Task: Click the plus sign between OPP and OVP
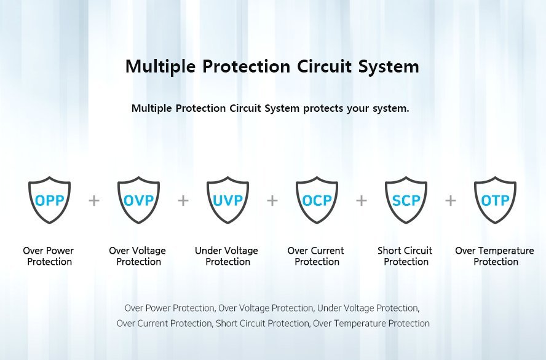tap(94, 200)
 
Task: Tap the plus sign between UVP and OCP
tap(272, 200)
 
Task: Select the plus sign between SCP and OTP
tap(451, 200)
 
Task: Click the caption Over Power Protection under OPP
tap(49, 256)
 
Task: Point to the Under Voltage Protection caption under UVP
tap(227, 256)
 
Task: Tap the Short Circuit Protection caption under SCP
tap(405, 256)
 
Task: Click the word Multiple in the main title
tap(160, 66)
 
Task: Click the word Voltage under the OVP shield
tap(150, 251)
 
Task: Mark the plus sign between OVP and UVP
tap(183, 200)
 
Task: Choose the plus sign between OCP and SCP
tap(362, 200)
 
